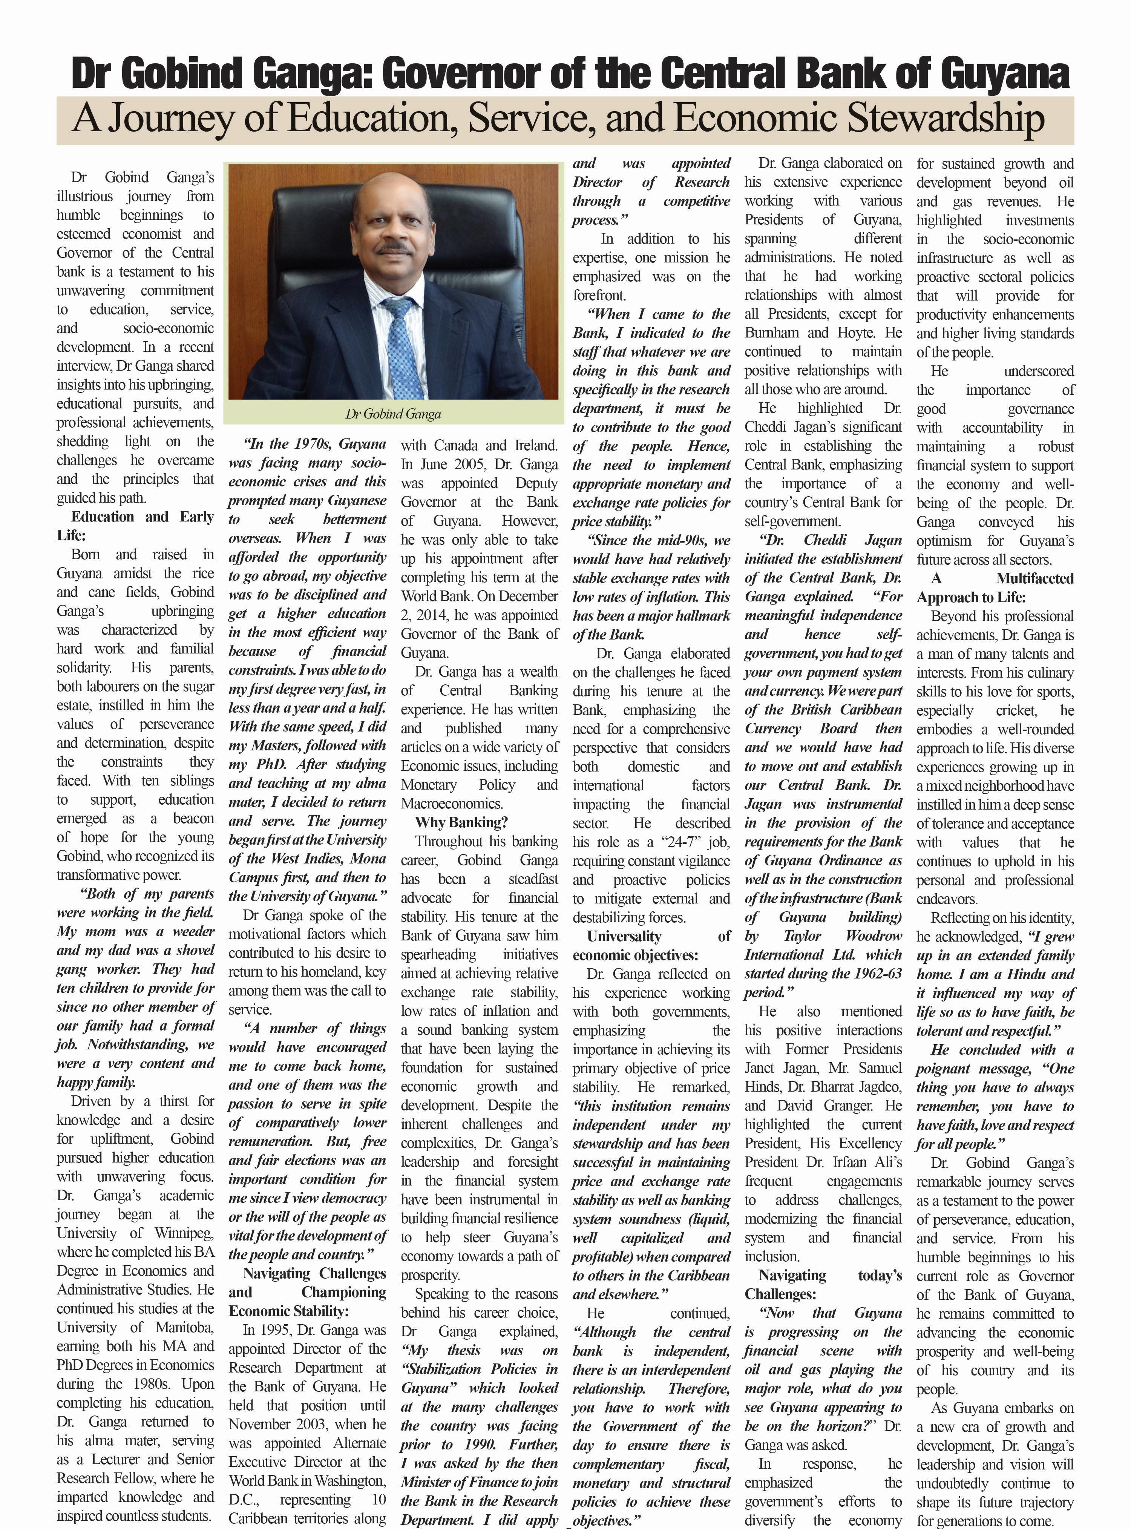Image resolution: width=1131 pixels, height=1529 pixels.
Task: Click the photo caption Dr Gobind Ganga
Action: pos(393,414)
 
